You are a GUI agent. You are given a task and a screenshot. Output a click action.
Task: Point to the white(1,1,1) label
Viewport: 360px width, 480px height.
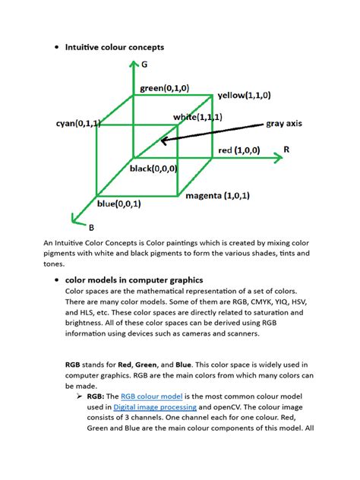tap(197, 117)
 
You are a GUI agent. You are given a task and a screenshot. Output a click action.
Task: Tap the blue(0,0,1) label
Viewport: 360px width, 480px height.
tap(118, 204)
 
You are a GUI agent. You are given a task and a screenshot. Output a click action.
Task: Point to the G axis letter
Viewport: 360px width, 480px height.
tap(144, 66)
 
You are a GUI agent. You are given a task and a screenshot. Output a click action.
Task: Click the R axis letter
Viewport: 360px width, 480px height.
tap(286, 150)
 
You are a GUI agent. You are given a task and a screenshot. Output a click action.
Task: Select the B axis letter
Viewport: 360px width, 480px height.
tap(91, 227)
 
